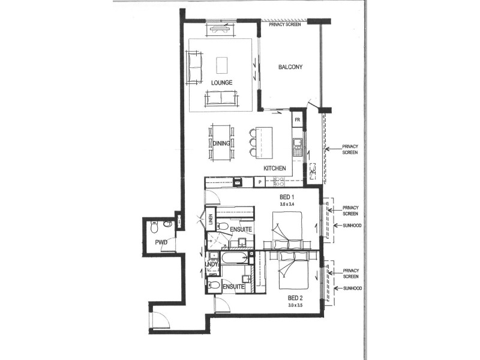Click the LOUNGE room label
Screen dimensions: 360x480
(x=221, y=82)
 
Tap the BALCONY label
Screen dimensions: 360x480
(x=290, y=67)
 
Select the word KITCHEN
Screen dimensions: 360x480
(x=274, y=169)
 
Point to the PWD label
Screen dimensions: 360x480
(x=160, y=243)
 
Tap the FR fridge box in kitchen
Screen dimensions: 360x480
(x=297, y=120)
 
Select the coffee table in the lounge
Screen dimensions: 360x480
(x=222, y=64)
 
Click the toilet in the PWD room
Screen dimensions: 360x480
(x=154, y=228)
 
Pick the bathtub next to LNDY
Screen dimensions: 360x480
(x=233, y=259)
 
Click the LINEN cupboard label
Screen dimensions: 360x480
(x=211, y=220)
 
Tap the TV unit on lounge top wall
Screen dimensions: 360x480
(x=223, y=26)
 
